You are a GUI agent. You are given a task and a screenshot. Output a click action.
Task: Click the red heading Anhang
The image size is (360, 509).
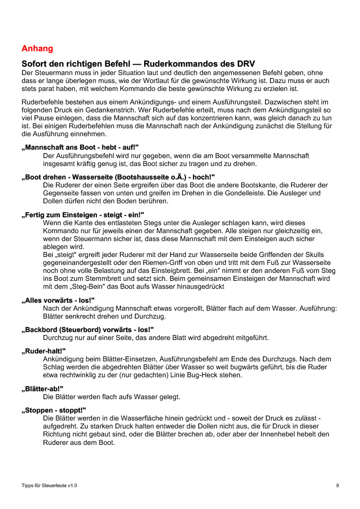point(37,49)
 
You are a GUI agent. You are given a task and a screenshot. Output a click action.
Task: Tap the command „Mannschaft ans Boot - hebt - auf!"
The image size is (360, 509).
point(80,148)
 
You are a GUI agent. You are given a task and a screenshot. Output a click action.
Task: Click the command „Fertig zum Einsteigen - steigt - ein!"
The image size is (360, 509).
point(83,215)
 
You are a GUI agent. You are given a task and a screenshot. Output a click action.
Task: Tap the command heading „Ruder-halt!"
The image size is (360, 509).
point(44,351)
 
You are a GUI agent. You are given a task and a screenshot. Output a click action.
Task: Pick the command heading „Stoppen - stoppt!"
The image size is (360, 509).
point(54,410)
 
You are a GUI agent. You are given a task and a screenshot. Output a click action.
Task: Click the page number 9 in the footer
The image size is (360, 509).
point(338,485)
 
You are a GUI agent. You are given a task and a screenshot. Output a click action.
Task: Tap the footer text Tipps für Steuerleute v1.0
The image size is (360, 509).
point(49,485)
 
